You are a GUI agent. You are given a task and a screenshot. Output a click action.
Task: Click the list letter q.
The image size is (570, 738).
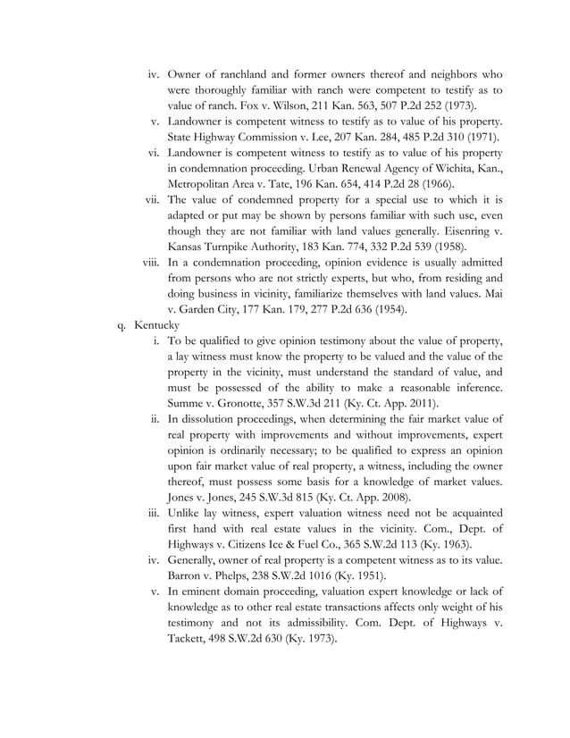click(123, 324)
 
